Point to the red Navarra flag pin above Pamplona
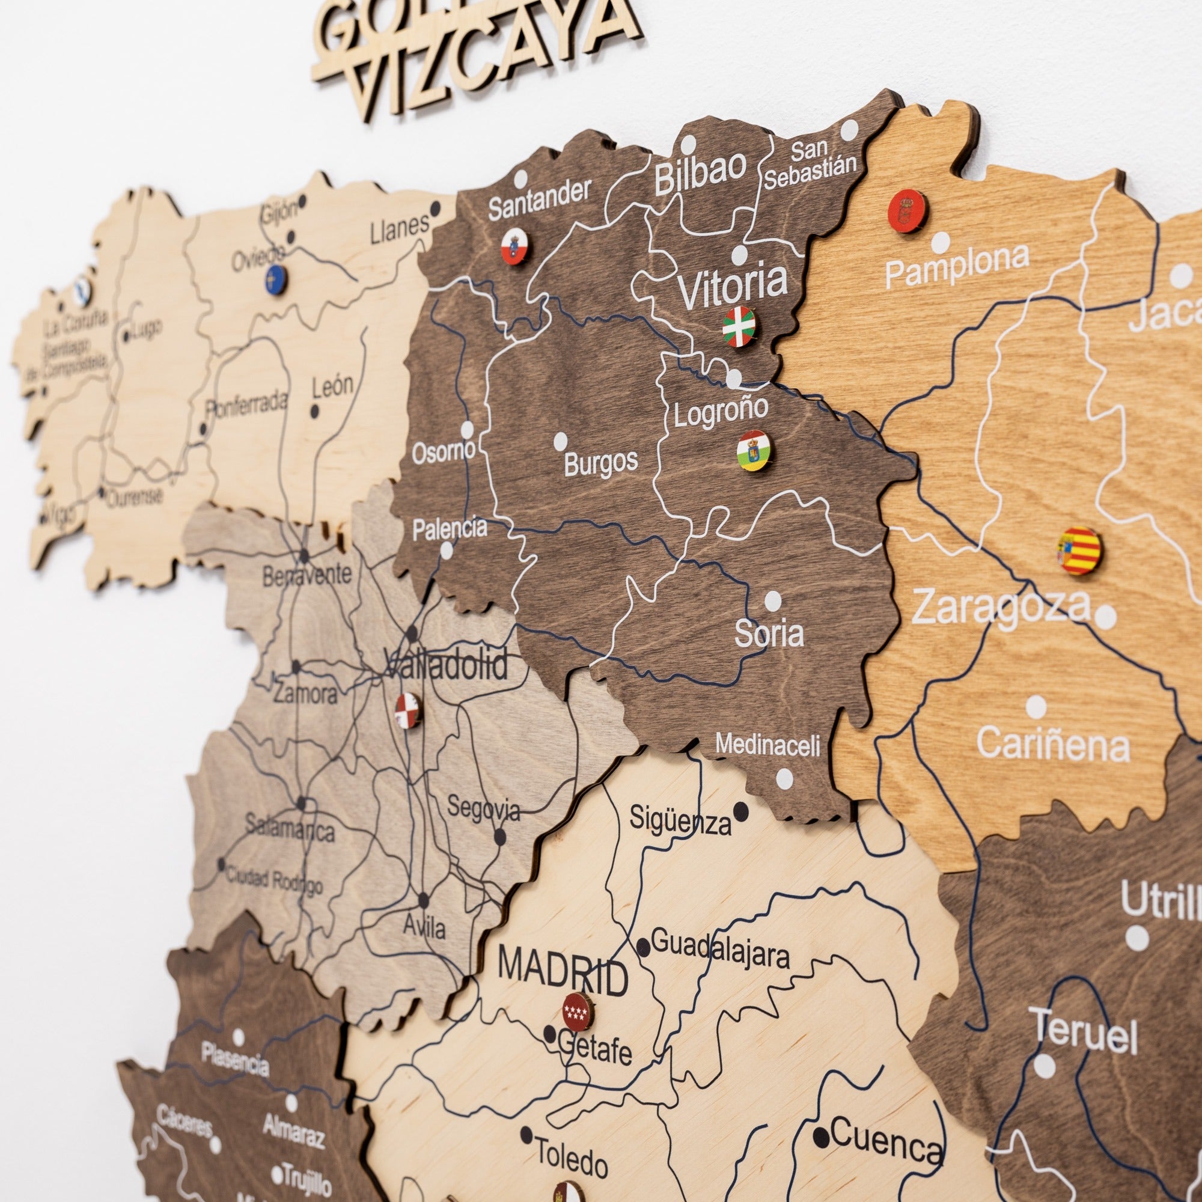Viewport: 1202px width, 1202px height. [x=907, y=212]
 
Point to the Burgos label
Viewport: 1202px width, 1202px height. [x=601, y=462]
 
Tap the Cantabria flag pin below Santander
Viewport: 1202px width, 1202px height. [x=514, y=246]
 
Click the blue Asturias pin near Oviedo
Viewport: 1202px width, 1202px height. [x=276, y=281]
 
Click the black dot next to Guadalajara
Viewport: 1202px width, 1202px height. [x=643, y=948]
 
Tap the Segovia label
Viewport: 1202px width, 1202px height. [x=483, y=810]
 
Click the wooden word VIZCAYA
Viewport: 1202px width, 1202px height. [x=492, y=59]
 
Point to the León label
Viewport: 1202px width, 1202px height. [x=332, y=386]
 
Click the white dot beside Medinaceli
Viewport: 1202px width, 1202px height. [x=784, y=778]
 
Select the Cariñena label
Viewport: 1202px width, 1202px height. [x=1053, y=745]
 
